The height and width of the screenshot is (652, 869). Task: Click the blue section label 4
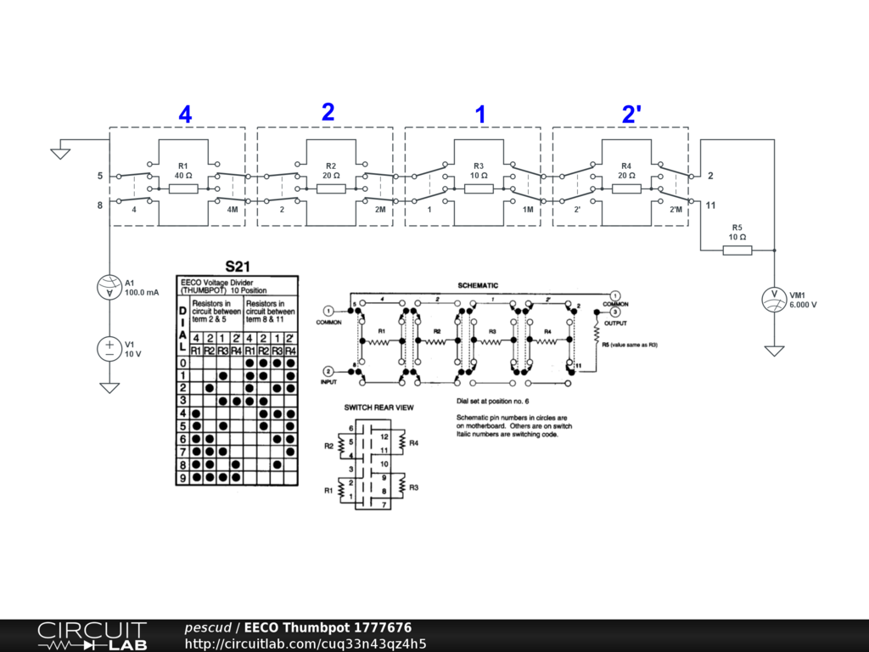[185, 115]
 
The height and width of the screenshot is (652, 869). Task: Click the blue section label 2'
[630, 115]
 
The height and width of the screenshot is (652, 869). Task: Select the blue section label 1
[480, 115]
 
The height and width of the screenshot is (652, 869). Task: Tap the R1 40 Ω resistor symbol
[183, 188]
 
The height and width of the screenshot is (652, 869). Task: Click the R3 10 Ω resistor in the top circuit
[479, 188]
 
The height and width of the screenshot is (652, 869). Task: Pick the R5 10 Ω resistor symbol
[737, 250]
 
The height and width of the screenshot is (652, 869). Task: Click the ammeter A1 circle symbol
[109, 289]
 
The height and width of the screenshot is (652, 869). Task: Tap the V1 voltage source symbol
[109, 348]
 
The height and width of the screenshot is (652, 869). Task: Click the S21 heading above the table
[238, 266]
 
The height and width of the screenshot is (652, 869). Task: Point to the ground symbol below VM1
[774, 350]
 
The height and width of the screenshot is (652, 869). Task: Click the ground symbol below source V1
[109, 387]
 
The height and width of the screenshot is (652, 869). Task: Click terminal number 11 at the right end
[710, 205]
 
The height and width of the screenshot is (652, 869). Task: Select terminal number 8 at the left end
[99, 205]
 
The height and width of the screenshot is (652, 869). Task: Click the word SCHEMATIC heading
[478, 285]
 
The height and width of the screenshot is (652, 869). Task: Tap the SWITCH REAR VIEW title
[378, 407]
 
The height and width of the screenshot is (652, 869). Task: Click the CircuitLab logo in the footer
[92, 636]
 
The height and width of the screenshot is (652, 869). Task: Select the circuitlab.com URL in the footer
[306, 644]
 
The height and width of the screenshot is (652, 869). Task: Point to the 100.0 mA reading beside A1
[142, 293]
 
